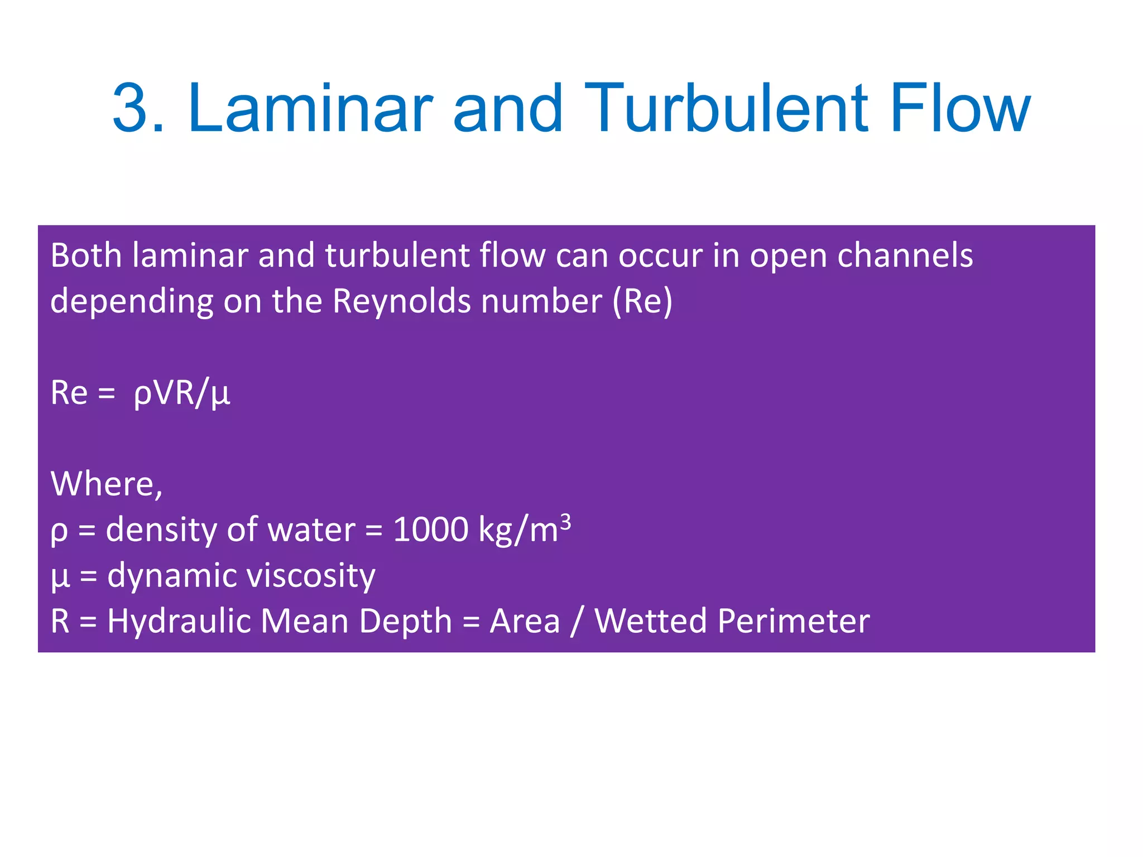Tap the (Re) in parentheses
click(642, 301)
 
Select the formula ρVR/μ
click(181, 393)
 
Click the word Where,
click(107, 483)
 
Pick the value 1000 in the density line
click(430, 529)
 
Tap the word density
click(161, 529)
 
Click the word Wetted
click(650, 621)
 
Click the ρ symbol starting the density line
click(59, 531)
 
